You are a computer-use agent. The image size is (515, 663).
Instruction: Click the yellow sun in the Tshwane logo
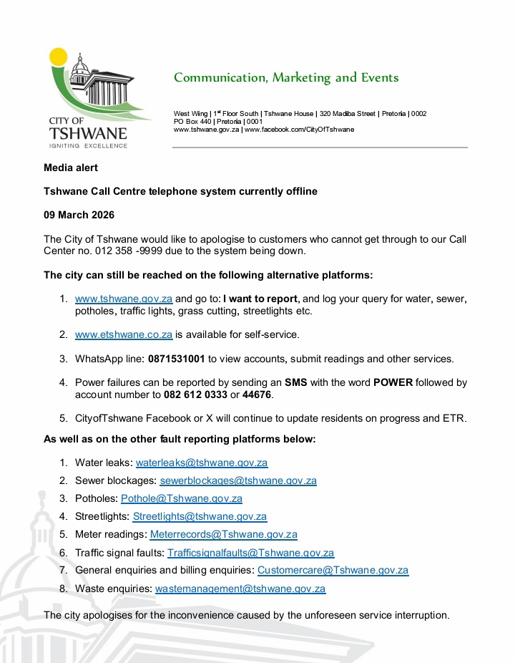[58, 57]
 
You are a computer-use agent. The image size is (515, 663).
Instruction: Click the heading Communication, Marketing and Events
[286, 77]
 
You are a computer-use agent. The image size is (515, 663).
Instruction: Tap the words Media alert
[71, 168]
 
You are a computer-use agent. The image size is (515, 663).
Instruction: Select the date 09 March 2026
[79, 215]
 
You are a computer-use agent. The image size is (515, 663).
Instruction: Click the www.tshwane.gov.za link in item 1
[124, 299]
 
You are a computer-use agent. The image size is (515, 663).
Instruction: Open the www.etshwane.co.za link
[124, 334]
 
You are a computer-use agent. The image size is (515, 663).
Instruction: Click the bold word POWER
[393, 382]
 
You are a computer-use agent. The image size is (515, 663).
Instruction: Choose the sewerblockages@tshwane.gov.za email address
[237, 480]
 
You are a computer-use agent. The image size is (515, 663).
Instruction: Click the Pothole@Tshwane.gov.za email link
[181, 498]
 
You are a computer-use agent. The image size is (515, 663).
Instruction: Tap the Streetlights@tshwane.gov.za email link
[200, 516]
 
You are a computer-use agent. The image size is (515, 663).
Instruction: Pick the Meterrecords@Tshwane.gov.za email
[223, 534]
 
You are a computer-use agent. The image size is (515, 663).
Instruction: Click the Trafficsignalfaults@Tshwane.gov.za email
[250, 553]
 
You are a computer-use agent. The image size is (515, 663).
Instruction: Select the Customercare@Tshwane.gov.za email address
[333, 571]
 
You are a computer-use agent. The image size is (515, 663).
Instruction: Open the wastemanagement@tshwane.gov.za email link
[240, 589]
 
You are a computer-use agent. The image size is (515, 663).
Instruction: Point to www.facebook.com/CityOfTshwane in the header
[299, 130]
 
